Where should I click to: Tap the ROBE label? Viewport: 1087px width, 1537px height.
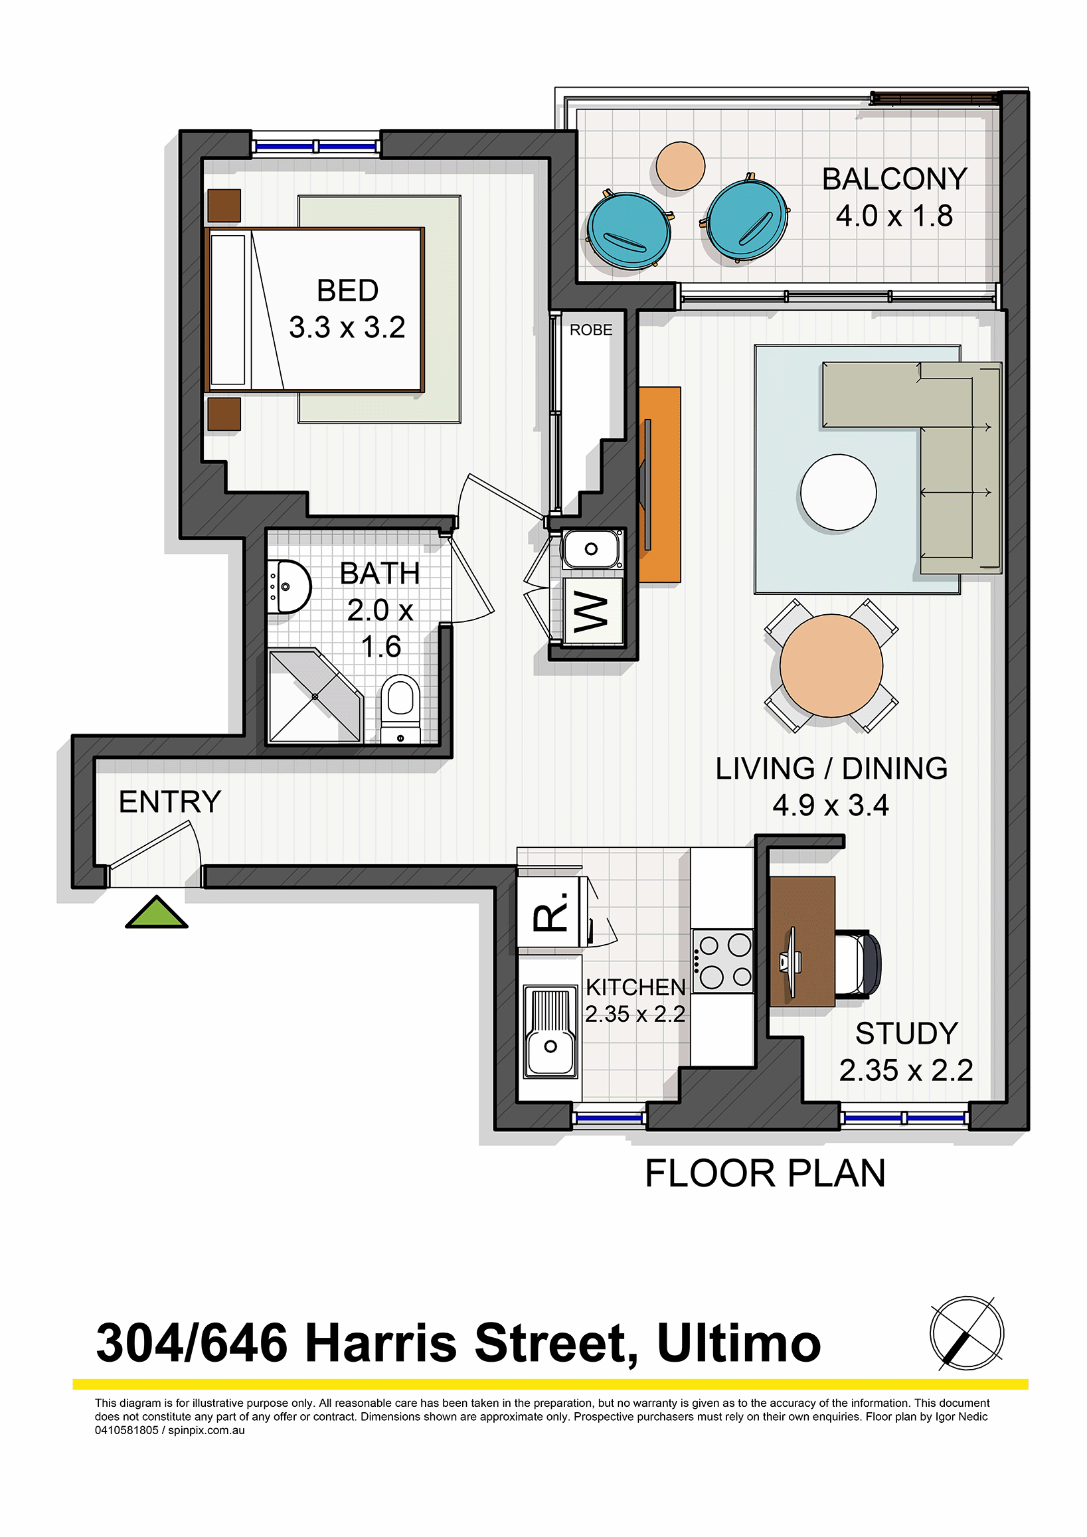[x=591, y=330]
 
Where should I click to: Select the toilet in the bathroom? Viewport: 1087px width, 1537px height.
[x=400, y=709]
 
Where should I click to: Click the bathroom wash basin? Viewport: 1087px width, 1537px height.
[x=289, y=586]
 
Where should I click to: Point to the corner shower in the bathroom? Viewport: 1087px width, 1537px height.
[x=315, y=696]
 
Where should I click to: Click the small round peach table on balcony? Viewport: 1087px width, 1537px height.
[x=680, y=166]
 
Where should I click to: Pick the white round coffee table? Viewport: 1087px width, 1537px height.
[x=838, y=493]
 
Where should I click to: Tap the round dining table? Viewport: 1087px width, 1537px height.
[x=831, y=665]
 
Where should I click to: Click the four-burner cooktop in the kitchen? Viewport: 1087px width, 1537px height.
[x=723, y=961]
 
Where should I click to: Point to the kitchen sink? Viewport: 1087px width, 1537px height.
[x=550, y=1032]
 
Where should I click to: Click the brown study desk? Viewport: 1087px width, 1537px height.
[x=802, y=942]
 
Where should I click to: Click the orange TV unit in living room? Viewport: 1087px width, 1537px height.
[x=659, y=485]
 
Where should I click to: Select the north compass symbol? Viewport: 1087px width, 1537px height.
[x=967, y=1333]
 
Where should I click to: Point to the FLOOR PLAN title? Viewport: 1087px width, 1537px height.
[x=765, y=1174]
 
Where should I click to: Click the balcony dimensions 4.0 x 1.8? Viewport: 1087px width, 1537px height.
[x=894, y=216]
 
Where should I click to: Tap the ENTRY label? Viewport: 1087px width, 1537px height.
[x=170, y=801]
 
